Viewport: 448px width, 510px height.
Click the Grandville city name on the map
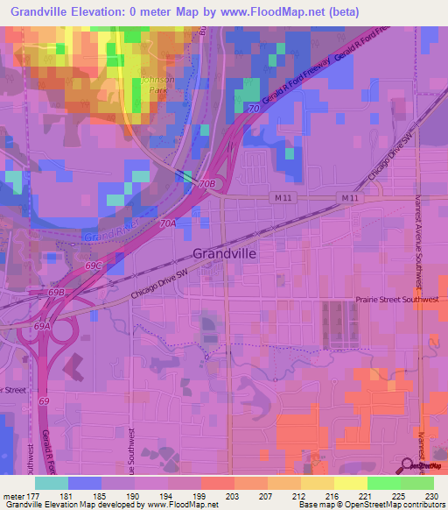click(224, 252)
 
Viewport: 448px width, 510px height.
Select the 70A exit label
click(168, 223)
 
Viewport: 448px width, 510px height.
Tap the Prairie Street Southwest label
click(396, 299)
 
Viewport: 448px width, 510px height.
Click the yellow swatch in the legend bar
click(350, 483)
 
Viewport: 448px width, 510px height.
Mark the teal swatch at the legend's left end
click(52, 483)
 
